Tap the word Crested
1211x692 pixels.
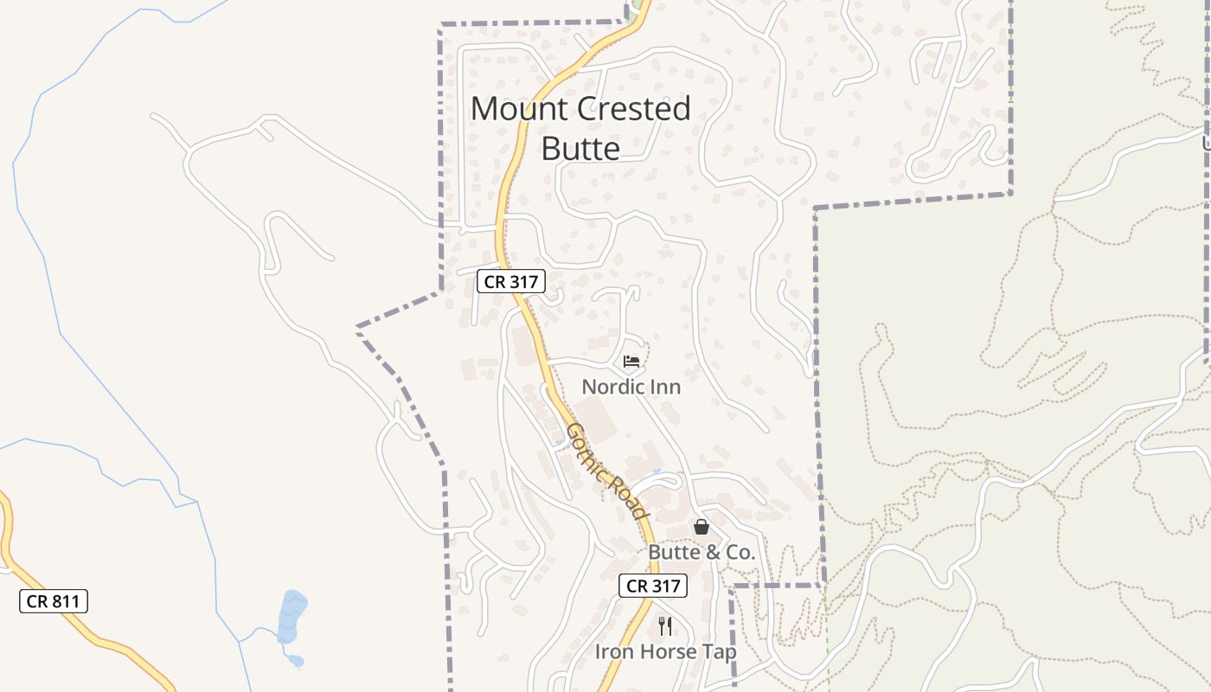tap(634, 110)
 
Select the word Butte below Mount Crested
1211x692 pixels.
tap(580, 149)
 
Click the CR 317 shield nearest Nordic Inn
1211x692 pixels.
tap(510, 281)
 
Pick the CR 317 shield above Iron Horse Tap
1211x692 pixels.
tap(653, 586)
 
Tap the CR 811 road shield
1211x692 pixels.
tap(54, 601)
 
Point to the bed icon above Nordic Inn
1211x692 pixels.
tap(631, 361)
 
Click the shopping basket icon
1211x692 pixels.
tap(702, 527)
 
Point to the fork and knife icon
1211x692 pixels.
tap(665, 625)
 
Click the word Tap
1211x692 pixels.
tap(720, 651)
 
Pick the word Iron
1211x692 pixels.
tap(613, 651)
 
